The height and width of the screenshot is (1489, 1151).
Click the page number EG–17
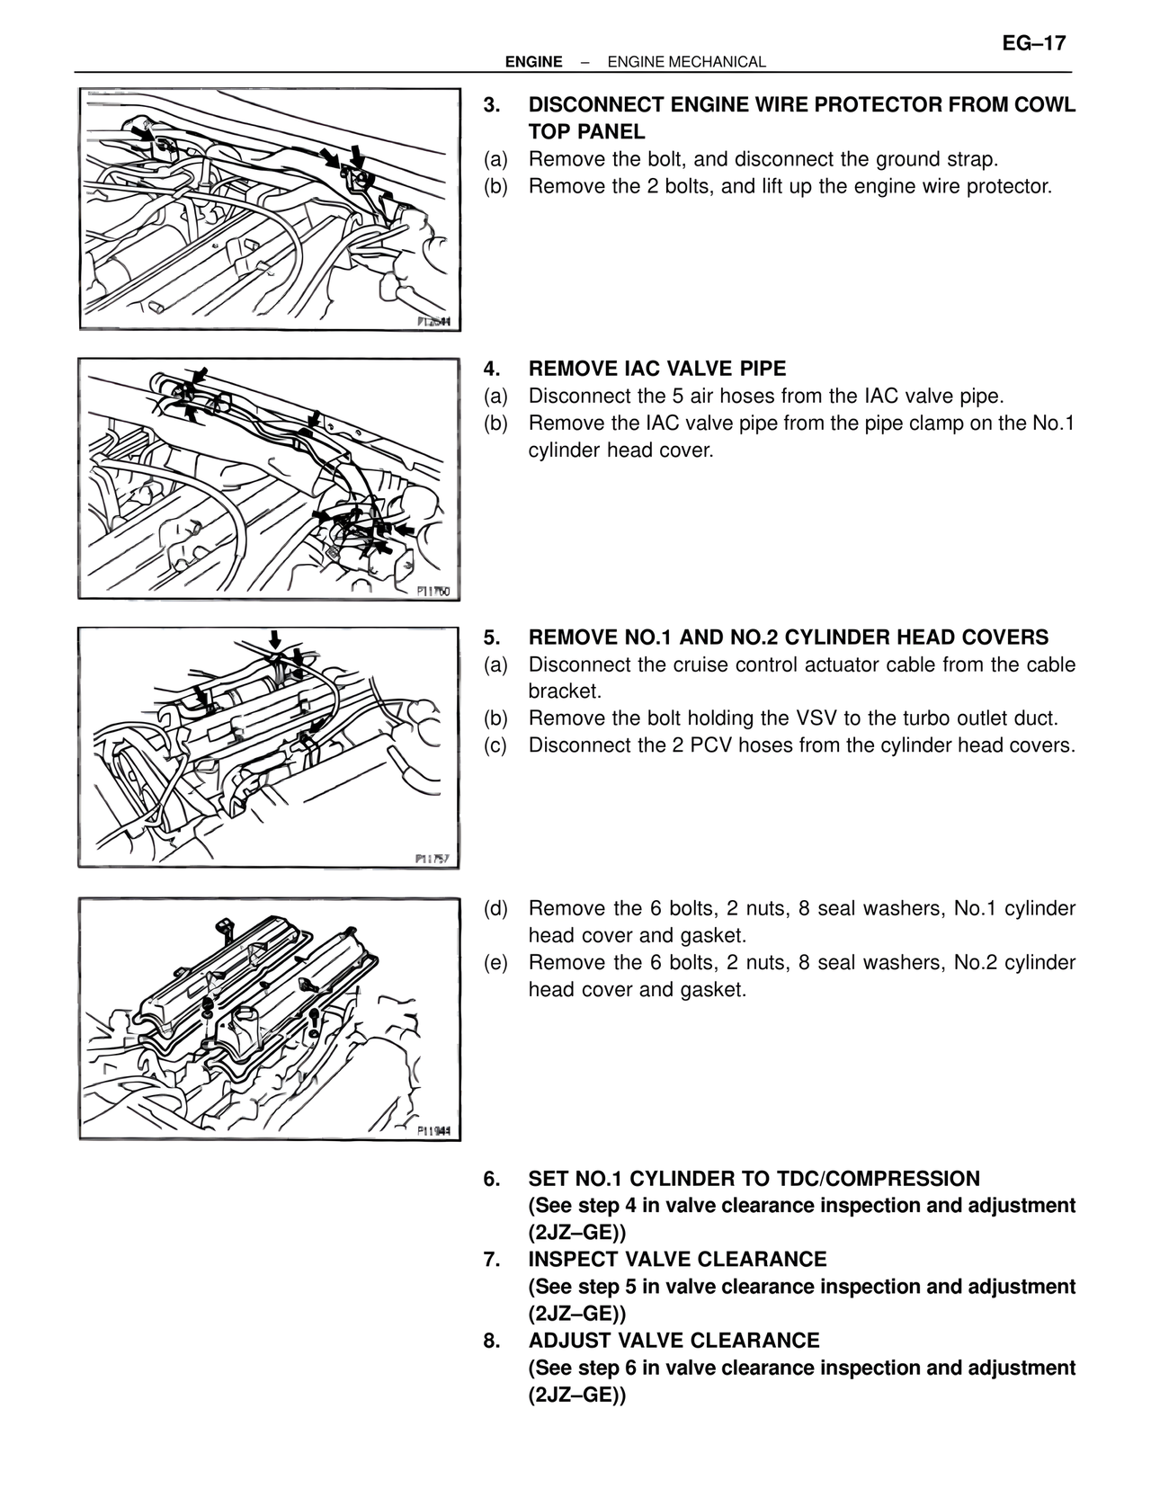click(x=1034, y=43)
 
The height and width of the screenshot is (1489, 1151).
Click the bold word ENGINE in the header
click(x=534, y=62)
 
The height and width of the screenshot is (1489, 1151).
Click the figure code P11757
click(x=433, y=859)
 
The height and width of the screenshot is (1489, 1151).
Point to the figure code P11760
click(x=433, y=591)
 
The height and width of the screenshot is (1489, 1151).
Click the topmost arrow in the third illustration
click(x=275, y=640)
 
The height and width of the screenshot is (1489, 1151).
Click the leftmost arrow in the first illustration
click(x=143, y=131)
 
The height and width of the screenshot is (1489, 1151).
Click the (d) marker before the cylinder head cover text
click(x=496, y=909)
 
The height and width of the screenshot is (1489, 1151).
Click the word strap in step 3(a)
click(x=968, y=160)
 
